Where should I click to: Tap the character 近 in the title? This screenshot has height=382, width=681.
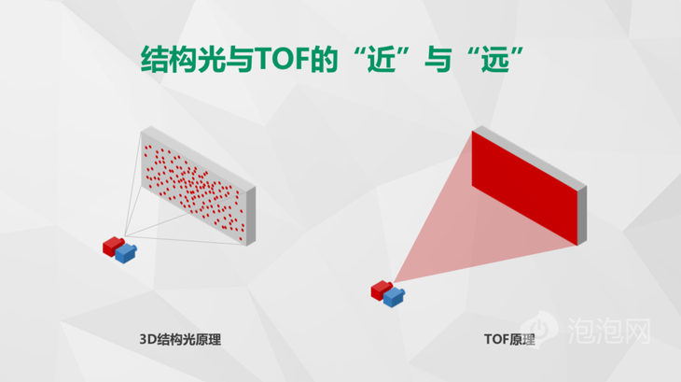pos(382,59)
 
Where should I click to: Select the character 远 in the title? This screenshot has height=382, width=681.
pos(495,59)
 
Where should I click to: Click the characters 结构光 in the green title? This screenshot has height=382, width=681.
pos(183,59)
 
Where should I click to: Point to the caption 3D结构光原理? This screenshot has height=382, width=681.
pos(180,339)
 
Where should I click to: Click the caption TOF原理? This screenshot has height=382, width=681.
pos(509,339)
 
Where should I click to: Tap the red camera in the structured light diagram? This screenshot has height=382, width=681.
pos(113,246)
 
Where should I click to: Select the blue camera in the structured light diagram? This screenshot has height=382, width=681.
pos(126,252)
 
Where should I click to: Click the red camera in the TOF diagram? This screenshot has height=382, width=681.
pos(381,290)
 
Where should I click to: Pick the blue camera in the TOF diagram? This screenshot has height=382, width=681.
pos(394,297)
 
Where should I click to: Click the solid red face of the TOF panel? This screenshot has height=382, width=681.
pos(524,188)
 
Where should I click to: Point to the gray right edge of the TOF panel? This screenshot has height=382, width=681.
pos(582,215)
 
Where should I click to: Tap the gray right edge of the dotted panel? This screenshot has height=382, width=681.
pos(251,216)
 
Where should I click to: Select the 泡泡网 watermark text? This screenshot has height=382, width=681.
pos(609,332)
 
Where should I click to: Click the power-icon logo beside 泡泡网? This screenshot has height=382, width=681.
pos(539,327)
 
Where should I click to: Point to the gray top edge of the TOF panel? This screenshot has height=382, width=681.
pos(530,157)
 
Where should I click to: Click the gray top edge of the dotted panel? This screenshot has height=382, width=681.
pos(199,158)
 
